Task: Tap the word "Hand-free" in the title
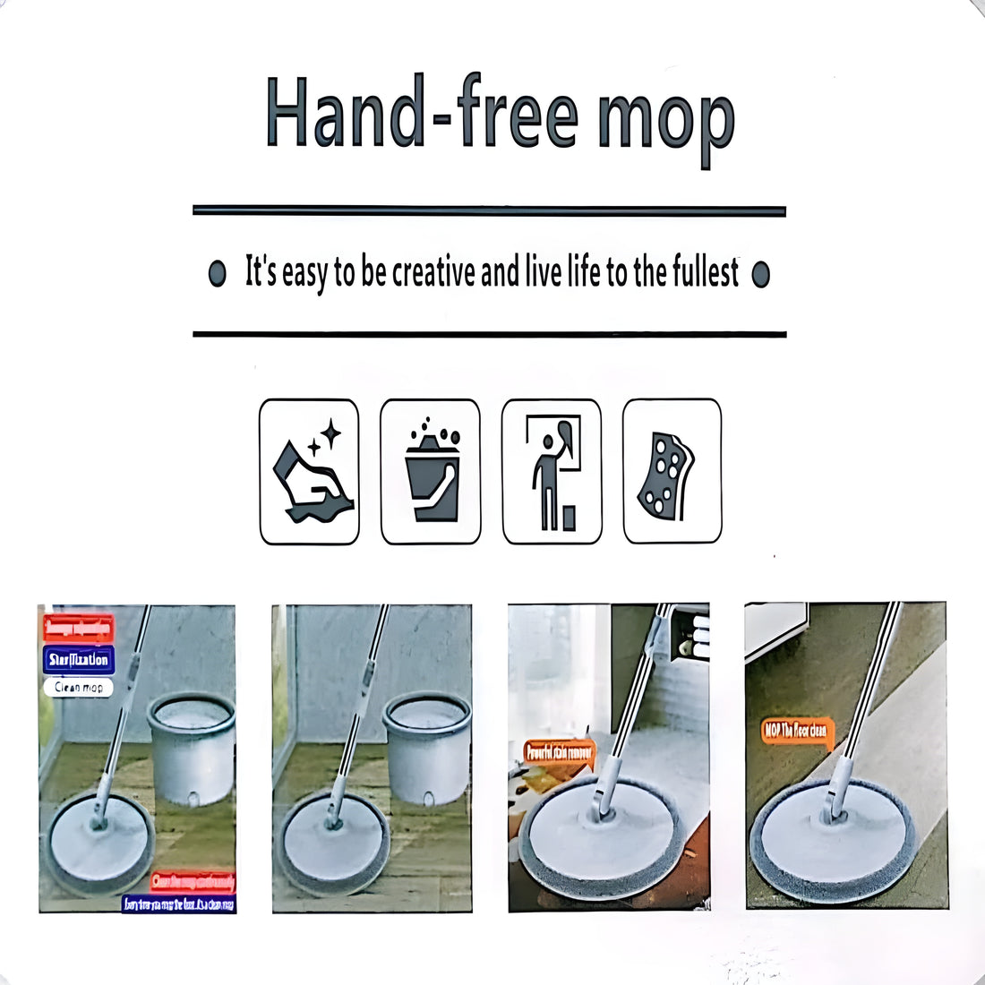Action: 421,114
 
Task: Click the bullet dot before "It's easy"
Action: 217,274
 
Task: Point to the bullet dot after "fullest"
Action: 761,274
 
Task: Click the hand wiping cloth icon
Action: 309,472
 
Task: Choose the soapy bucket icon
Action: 431,472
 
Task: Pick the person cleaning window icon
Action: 552,472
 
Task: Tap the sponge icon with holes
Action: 672,472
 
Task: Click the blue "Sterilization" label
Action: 79,660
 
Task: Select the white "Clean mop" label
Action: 79,687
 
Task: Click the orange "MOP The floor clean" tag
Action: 797,731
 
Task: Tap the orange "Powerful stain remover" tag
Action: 559,753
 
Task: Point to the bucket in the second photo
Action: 427,747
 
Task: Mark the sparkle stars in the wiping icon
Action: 324,438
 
